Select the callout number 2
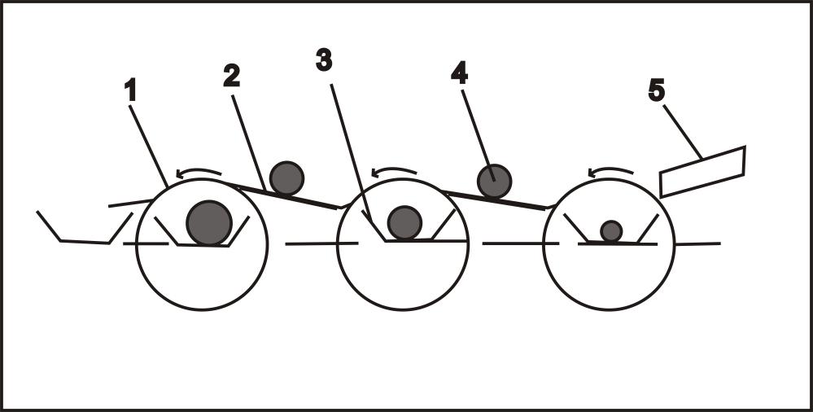[232, 76]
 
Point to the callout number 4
[460, 73]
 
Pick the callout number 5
[657, 90]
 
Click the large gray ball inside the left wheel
[209, 223]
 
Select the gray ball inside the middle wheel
[404, 222]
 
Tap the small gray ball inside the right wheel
[611, 231]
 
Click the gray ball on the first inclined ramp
[286, 178]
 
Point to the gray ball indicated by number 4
[493, 181]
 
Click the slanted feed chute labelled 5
[702, 171]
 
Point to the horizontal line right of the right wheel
[697, 243]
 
